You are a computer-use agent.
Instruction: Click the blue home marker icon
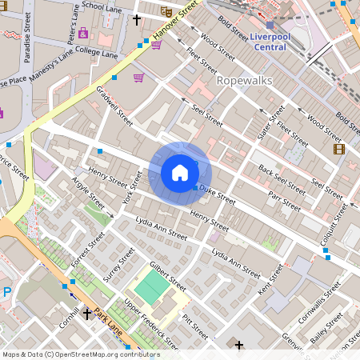(180, 173)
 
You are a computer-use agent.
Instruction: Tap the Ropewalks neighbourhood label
(245, 81)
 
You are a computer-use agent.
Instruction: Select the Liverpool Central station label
(270, 42)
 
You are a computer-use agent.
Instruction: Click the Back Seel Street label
(282, 178)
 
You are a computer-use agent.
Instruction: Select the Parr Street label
(285, 200)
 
